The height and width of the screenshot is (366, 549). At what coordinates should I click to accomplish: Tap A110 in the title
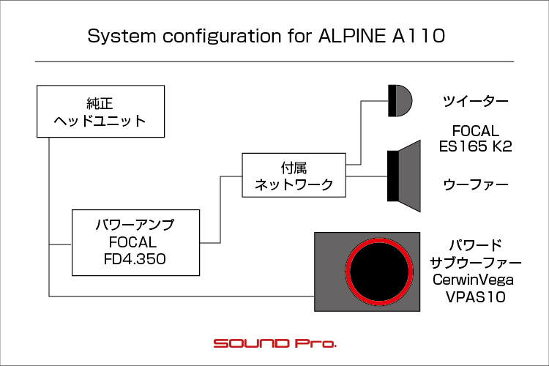[419, 36]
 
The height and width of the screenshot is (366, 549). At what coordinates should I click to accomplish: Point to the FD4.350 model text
[135, 259]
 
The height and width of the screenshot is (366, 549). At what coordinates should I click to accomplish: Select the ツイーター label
[476, 102]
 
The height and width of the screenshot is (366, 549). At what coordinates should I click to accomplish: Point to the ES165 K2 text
[476, 146]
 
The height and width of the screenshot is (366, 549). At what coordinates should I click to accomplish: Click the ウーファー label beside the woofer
[476, 184]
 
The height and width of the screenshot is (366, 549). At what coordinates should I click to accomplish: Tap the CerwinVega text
[473, 280]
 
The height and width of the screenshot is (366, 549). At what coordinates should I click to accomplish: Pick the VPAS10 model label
[476, 297]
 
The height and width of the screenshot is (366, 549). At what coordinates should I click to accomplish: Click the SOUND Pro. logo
[274, 343]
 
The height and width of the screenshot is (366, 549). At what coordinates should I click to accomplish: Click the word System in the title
[122, 37]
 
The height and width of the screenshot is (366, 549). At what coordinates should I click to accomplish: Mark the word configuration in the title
[222, 37]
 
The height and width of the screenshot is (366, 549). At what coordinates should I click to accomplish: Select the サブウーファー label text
[476, 262]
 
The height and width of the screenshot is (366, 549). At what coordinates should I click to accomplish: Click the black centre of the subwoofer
[379, 272]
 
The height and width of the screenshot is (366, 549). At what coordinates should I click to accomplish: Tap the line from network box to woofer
[367, 176]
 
